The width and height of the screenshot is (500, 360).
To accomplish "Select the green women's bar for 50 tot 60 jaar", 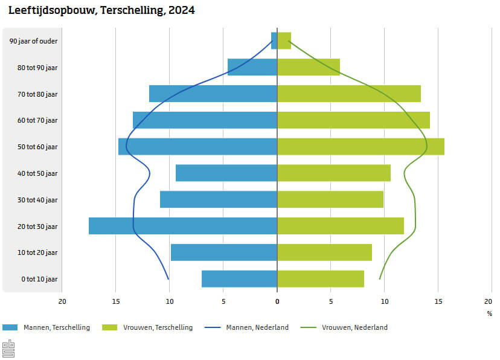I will pos(361,147).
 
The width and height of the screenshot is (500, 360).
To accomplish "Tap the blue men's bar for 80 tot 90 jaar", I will pos(252,67).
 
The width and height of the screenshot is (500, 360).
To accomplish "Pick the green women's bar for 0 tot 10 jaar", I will pos(321,279).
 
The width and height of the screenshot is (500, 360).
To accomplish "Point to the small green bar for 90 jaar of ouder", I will pos(284,41).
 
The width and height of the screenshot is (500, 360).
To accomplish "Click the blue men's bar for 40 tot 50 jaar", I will pos(226,173).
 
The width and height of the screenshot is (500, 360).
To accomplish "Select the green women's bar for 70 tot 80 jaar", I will pos(348,94).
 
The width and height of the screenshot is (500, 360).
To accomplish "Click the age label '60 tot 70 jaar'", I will pos(37,120).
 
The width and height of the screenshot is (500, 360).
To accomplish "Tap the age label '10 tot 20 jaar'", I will pos(37,252).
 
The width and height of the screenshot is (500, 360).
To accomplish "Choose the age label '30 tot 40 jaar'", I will pos(37,200).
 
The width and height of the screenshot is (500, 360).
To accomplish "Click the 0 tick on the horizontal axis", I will pos(277,301).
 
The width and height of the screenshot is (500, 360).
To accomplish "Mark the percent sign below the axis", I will pos(489,313).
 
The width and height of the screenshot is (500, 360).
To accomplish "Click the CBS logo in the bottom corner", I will pos(8,349).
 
